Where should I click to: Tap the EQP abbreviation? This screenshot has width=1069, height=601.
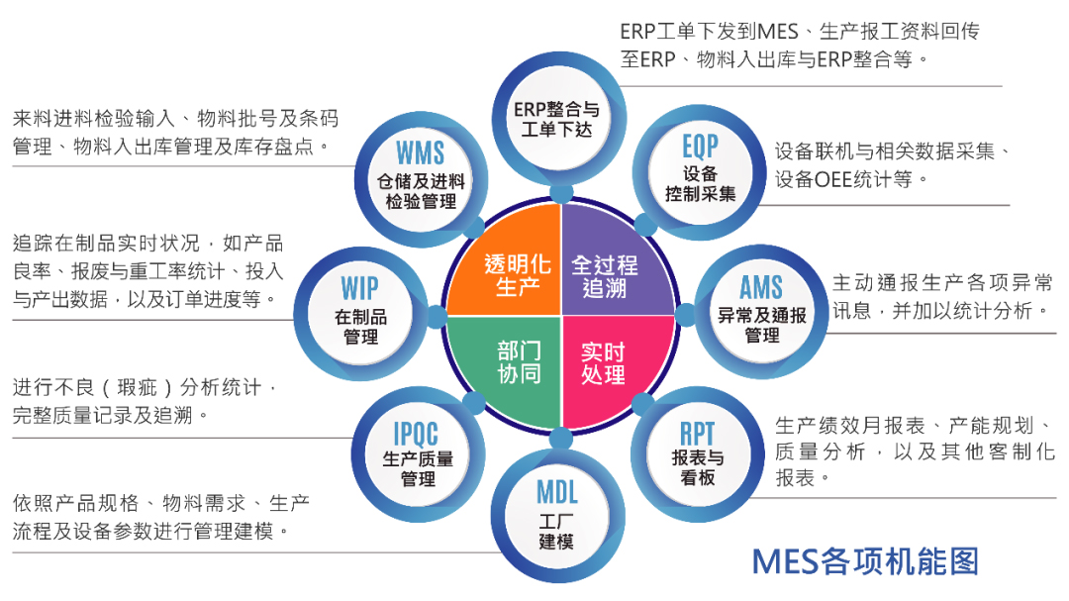pos(700,148)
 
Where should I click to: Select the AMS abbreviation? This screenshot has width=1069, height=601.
pos(761,287)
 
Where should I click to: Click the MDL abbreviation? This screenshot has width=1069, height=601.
pos(556,491)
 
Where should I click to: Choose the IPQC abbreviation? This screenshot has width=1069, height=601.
pos(417,433)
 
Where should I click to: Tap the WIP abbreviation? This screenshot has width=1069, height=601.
pos(360,287)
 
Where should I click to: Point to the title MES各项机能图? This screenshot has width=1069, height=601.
pos(864,560)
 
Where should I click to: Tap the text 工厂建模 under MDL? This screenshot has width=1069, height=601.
pos(556,532)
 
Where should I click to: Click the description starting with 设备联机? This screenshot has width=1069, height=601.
pos(891,165)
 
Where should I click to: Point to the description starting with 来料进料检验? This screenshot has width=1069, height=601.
pos(175,133)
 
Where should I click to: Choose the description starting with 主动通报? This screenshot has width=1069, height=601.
pos(941,295)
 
